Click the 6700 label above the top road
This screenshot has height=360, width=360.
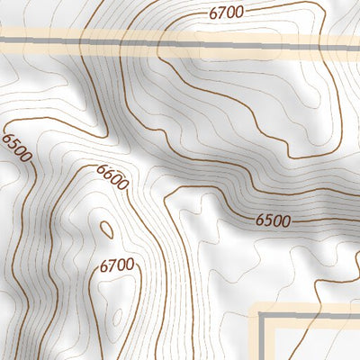[x=226, y=13]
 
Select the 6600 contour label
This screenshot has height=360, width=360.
[x=112, y=177]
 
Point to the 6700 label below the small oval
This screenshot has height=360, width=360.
[x=117, y=265]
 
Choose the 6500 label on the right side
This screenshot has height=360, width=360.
[x=273, y=220]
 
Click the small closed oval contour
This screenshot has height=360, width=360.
[x=106, y=230]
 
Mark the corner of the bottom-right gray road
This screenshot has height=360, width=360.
[x=262, y=319]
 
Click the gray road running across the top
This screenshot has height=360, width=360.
[x=180, y=40]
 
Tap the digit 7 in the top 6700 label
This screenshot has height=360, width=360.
[x=220, y=13]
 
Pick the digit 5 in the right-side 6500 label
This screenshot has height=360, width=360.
[x=267, y=220]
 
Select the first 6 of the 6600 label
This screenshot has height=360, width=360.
[x=100, y=168]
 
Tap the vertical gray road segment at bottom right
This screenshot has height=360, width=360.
[x=262, y=342]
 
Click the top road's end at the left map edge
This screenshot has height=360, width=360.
[x=2, y=40]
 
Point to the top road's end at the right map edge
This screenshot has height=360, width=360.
[x=357, y=40]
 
